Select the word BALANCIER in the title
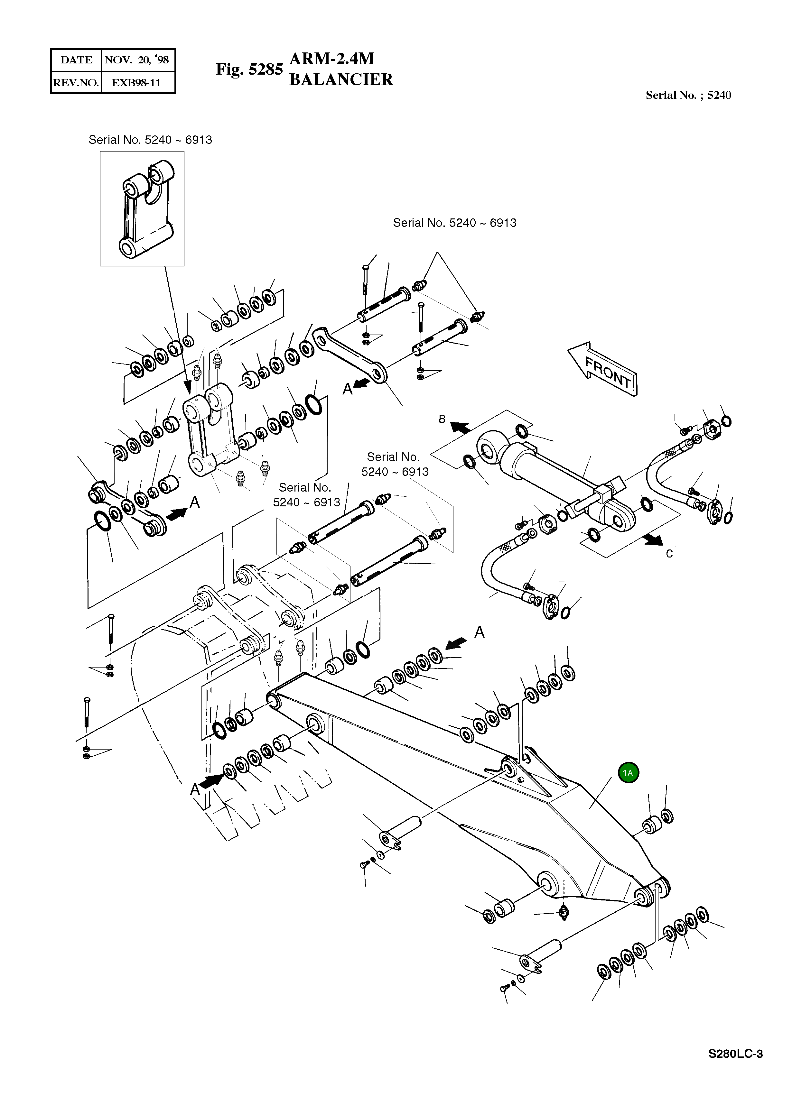click(341, 79)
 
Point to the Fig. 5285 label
click(249, 69)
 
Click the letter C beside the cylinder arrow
click(669, 554)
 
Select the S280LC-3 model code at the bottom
click(735, 1054)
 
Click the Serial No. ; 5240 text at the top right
click(688, 95)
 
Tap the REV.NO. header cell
click(76, 82)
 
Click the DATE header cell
click(76, 60)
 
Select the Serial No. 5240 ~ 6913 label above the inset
click(150, 140)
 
